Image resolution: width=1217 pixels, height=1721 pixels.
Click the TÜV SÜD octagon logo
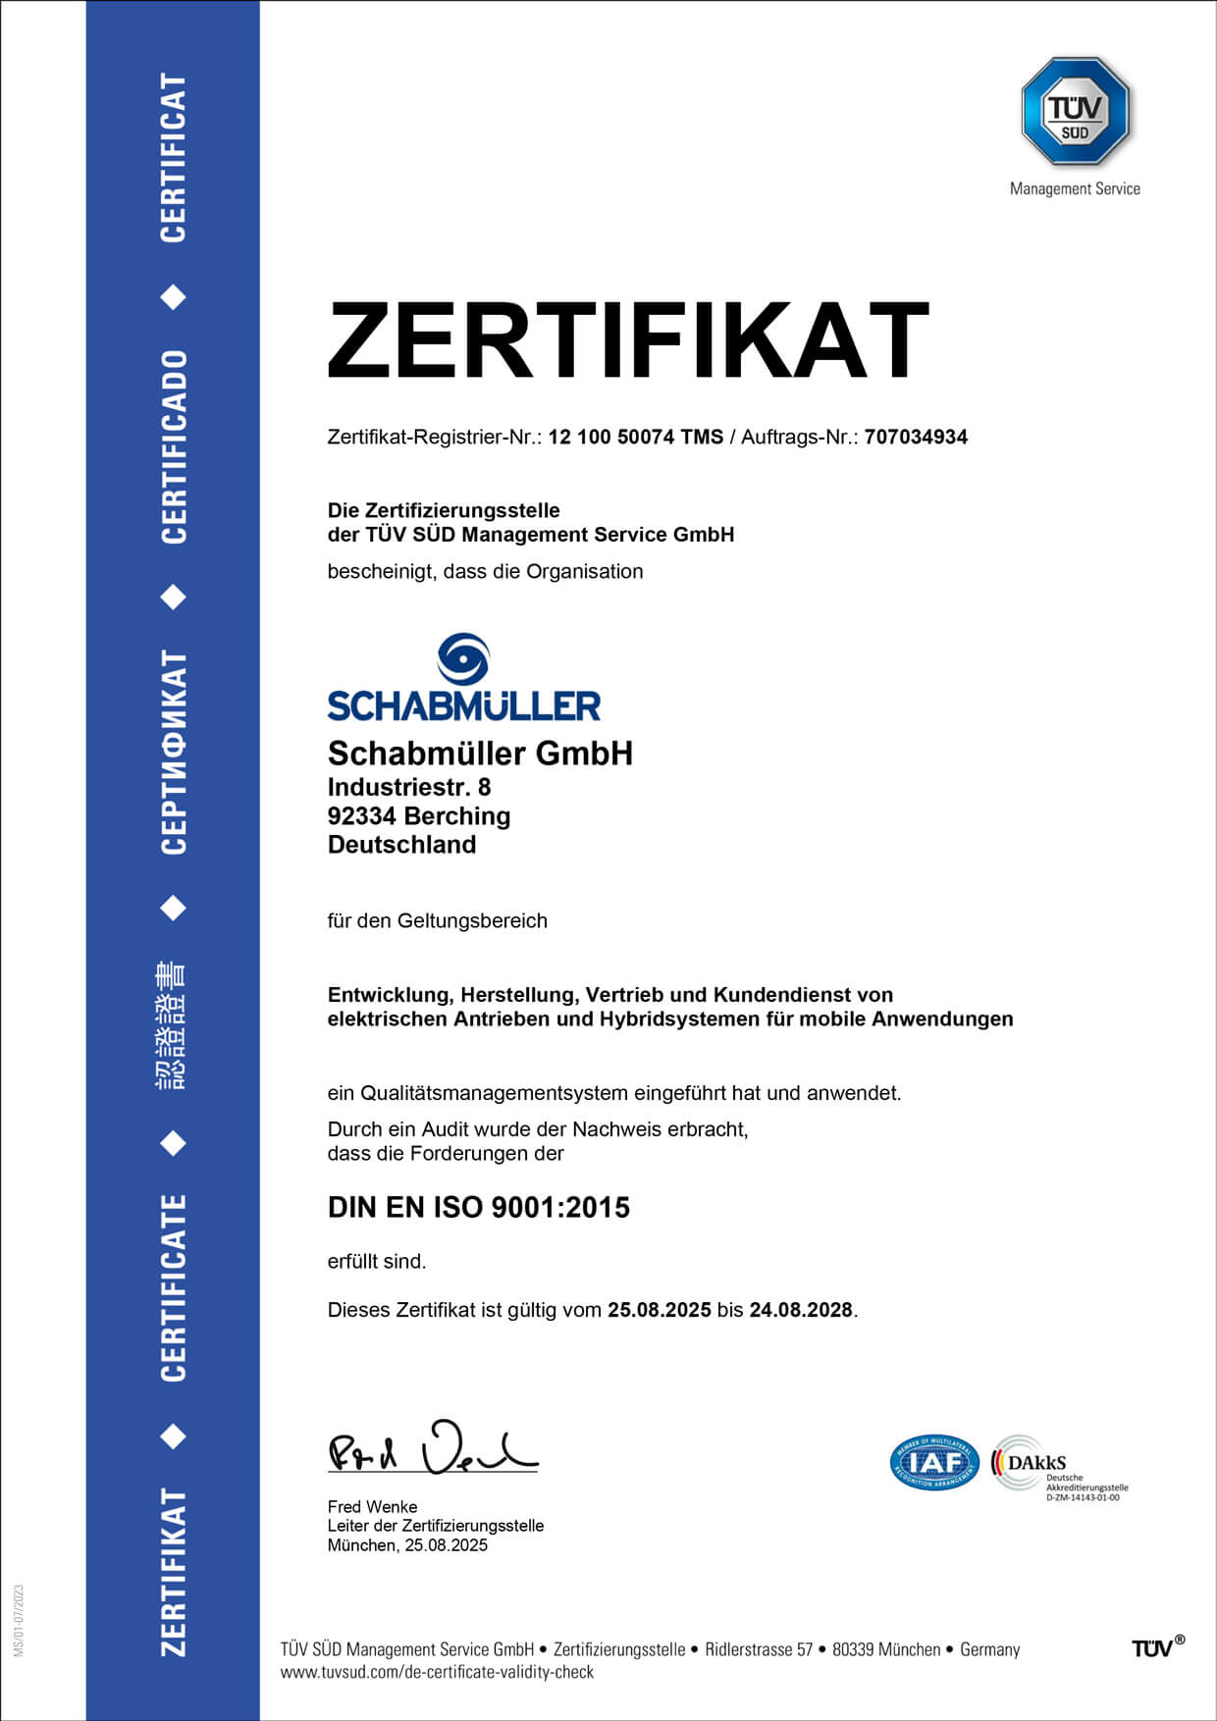tap(1075, 111)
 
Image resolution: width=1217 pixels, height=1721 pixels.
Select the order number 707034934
tap(916, 438)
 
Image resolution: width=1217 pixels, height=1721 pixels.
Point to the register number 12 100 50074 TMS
tap(635, 438)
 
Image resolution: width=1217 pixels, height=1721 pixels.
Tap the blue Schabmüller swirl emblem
tap(463, 658)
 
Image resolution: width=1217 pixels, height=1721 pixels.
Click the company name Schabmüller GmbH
tap(480, 754)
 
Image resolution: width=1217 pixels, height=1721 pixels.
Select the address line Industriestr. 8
tap(408, 787)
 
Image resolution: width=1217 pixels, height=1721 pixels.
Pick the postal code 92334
tap(361, 816)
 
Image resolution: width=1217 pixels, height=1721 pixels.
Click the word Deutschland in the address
tap(401, 845)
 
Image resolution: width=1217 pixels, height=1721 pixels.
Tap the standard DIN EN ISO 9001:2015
tap(478, 1208)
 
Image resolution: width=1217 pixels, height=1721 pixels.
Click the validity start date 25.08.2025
tap(659, 1310)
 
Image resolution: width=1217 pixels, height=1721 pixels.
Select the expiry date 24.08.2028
tap(800, 1310)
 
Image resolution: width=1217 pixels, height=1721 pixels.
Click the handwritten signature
tap(432, 1449)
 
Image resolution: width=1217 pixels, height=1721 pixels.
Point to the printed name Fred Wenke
tap(372, 1506)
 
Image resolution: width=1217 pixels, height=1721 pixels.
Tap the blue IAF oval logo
tap(934, 1463)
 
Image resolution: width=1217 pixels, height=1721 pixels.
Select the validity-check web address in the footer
tap(437, 1672)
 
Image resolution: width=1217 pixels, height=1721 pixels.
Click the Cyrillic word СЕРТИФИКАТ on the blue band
tap(174, 752)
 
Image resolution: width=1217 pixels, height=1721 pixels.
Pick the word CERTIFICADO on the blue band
tap(174, 446)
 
